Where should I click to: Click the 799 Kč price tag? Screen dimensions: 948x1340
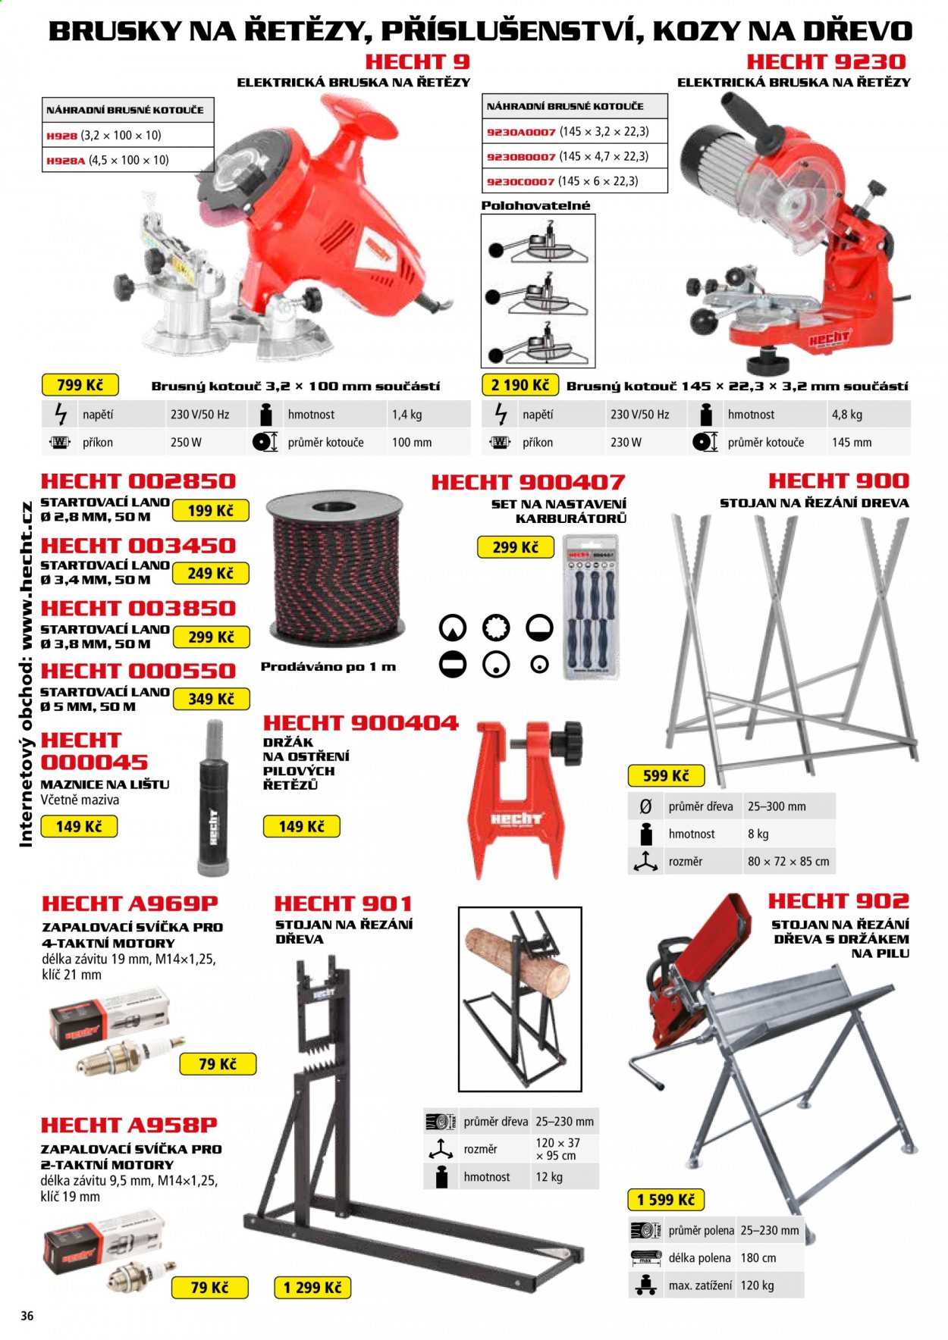tap(80, 385)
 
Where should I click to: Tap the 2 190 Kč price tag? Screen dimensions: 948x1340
tap(520, 385)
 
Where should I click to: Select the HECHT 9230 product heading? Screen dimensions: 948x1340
tap(826, 61)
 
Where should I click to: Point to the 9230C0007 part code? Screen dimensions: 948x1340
tap(520, 182)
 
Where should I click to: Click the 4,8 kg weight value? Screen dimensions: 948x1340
tap(846, 415)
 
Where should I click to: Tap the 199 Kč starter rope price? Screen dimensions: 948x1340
tap(211, 511)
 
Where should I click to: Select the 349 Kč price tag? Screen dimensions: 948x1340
tap(211, 699)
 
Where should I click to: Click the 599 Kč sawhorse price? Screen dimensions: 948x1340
tap(666, 776)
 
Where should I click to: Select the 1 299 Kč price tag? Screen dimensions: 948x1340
tap(312, 1287)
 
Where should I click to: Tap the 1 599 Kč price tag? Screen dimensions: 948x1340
tap(666, 1200)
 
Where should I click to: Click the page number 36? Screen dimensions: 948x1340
tap(27, 1316)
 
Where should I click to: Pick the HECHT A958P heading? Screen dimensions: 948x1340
tap(129, 1125)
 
